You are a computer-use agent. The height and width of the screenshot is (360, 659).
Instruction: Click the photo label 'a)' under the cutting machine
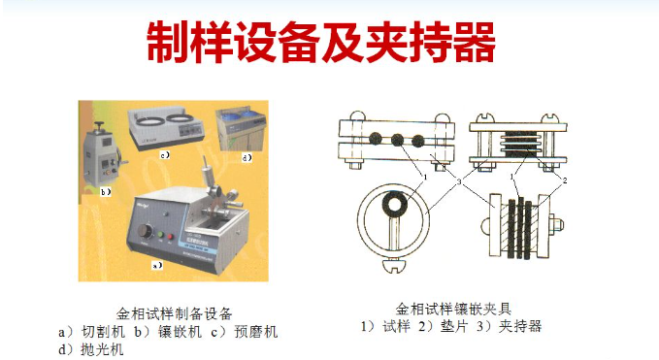tap(157, 266)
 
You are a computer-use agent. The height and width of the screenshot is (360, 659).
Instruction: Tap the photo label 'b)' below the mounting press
tap(106, 192)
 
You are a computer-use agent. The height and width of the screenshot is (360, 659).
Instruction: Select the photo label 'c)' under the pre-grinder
tap(165, 154)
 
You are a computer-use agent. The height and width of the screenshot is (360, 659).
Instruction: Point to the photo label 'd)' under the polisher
tap(247, 157)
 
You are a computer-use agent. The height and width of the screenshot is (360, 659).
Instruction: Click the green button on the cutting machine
tap(160, 235)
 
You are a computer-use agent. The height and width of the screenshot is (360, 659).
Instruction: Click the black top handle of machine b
tap(100, 125)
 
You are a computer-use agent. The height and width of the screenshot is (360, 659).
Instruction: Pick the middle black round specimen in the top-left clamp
tap(397, 140)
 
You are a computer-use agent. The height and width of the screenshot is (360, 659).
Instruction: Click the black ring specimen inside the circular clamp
tap(395, 205)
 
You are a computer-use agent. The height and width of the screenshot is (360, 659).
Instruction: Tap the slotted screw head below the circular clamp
tap(393, 266)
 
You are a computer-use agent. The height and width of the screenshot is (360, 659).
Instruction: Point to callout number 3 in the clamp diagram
tap(459, 181)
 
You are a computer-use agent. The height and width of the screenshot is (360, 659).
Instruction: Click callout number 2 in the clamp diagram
tap(565, 180)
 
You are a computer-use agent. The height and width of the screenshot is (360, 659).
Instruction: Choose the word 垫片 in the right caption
tap(454, 326)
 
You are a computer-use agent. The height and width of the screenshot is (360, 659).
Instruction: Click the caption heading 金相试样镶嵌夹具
tap(453, 310)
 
